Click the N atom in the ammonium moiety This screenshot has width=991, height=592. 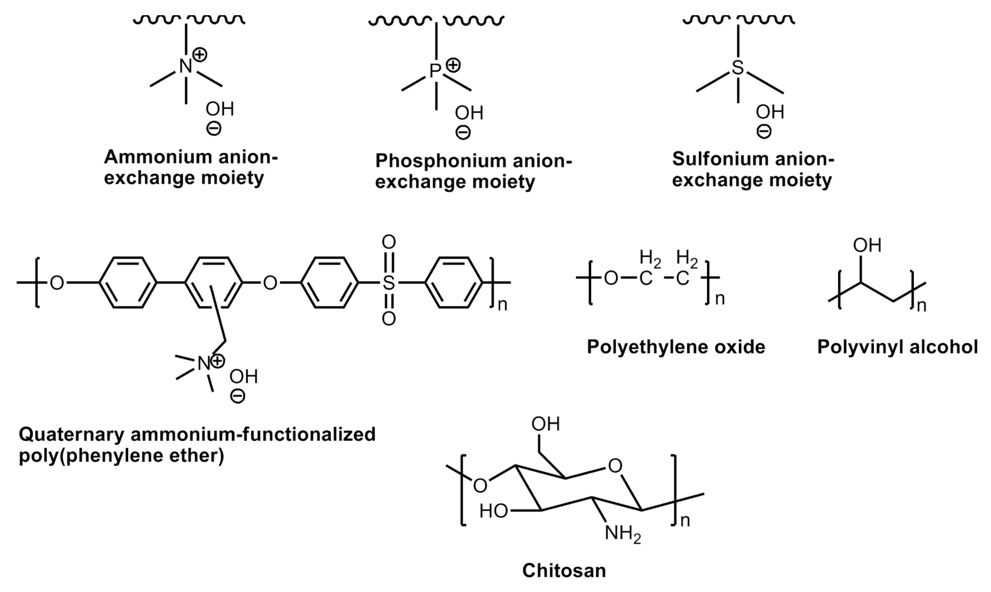pyautogui.click(x=185, y=66)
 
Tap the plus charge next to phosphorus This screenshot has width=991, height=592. pyautogui.click(x=453, y=65)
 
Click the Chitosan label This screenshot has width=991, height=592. pyautogui.click(x=564, y=570)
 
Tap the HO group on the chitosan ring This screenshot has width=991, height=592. pyautogui.click(x=494, y=511)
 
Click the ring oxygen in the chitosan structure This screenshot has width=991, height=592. pyautogui.click(x=615, y=466)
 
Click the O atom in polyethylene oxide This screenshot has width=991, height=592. pyautogui.click(x=611, y=278)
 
